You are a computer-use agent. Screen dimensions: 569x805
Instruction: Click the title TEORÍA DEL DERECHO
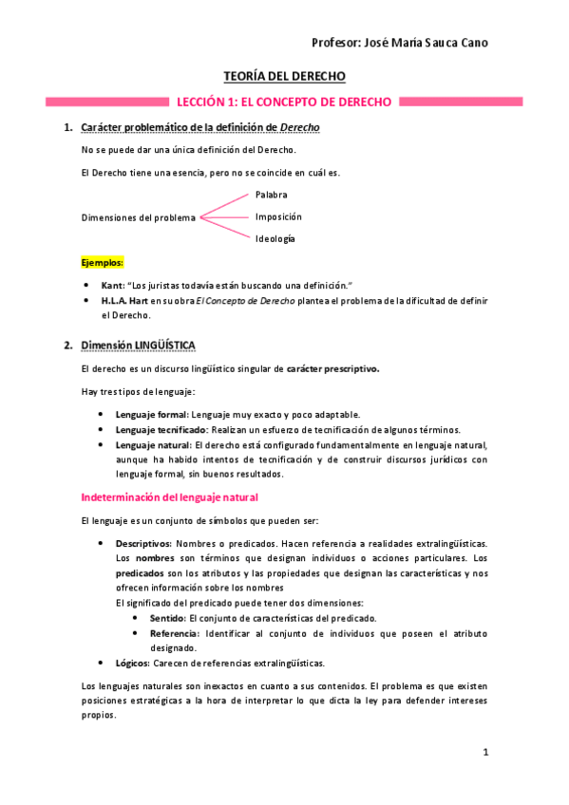tap(284, 76)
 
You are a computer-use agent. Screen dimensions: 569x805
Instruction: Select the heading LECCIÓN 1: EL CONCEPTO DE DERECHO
tap(285, 102)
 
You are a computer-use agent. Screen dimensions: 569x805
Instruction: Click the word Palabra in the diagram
tap(271, 195)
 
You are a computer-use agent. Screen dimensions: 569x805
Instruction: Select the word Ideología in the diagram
tap(275, 238)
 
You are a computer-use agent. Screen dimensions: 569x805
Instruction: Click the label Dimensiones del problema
tap(139, 217)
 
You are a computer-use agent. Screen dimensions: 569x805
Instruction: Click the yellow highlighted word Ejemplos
tap(103, 261)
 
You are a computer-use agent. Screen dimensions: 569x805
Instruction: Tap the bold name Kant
tap(113, 285)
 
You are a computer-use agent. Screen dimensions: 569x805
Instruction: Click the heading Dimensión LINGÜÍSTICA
tap(139, 345)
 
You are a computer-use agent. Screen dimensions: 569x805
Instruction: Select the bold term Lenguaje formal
tap(152, 414)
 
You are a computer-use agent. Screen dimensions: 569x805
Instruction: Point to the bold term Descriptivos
tap(143, 543)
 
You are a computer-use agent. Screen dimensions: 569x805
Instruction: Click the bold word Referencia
tap(175, 633)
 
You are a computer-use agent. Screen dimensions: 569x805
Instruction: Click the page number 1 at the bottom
tap(484, 753)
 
